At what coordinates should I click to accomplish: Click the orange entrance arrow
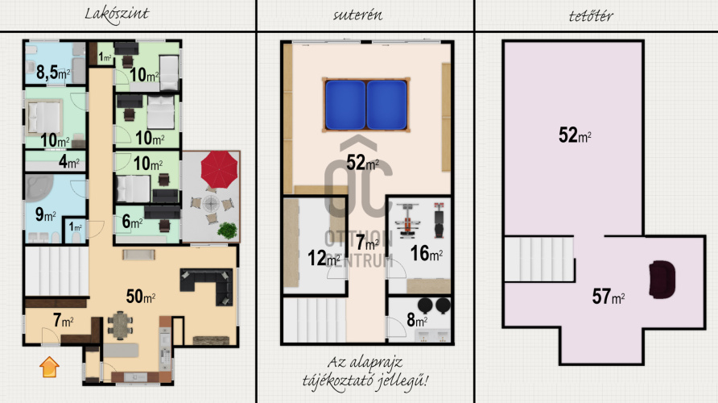[49, 367]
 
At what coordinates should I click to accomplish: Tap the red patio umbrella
[219, 169]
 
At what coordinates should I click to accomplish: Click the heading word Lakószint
[117, 15]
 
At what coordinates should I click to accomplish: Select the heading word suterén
[357, 15]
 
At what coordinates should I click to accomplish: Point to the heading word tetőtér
[591, 16]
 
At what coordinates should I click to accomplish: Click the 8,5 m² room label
[53, 73]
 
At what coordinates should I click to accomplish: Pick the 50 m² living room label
[141, 297]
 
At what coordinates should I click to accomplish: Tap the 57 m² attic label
[608, 297]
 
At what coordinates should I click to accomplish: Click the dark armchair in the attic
[662, 279]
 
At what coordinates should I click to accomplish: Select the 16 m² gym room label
[427, 253]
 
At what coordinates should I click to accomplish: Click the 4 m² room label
[68, 162]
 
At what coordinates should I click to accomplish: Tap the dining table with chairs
[121, 325]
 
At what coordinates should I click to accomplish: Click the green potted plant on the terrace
[227, 231]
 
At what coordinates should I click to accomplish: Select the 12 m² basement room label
[324, 258]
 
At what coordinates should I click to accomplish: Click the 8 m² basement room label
[417, 320]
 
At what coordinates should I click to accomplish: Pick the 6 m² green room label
[132, 222]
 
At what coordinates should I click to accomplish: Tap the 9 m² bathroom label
[45, 214]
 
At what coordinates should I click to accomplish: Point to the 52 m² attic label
[575, 135]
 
